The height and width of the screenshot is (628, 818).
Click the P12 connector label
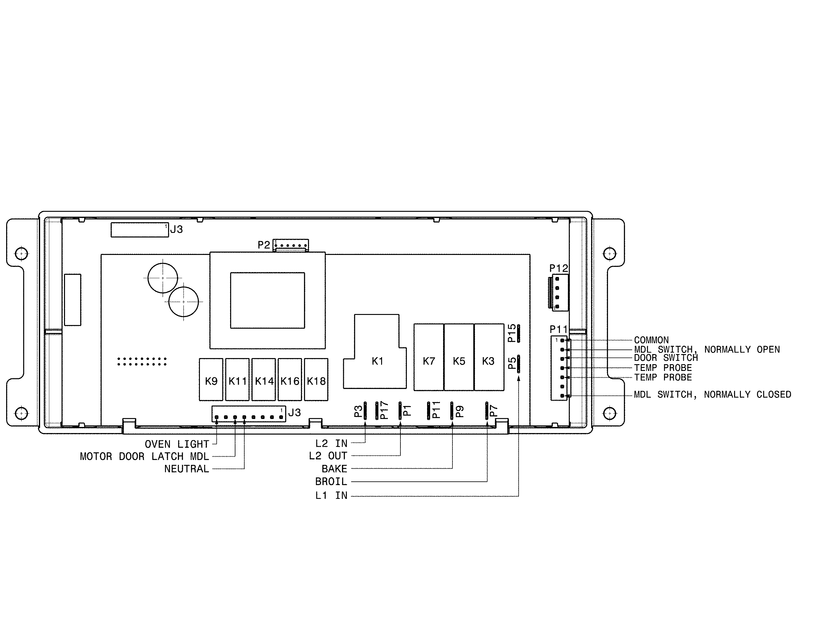click(558, 268)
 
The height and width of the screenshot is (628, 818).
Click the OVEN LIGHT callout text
click(177, 444)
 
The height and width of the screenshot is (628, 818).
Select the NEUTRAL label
click(186, 469)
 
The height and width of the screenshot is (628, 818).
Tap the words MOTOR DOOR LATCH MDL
click(144, 456)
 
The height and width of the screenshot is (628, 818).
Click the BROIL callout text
click(331, 481)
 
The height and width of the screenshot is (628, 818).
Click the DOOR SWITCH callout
click(666, 358)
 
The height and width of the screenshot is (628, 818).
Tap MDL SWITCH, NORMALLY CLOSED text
click(712, 394)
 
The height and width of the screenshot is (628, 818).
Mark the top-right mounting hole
click(610, 254)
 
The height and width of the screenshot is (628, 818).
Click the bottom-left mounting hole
click(21, 413)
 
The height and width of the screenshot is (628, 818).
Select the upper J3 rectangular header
click(140, 230)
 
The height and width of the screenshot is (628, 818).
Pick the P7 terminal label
click(493, 411)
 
